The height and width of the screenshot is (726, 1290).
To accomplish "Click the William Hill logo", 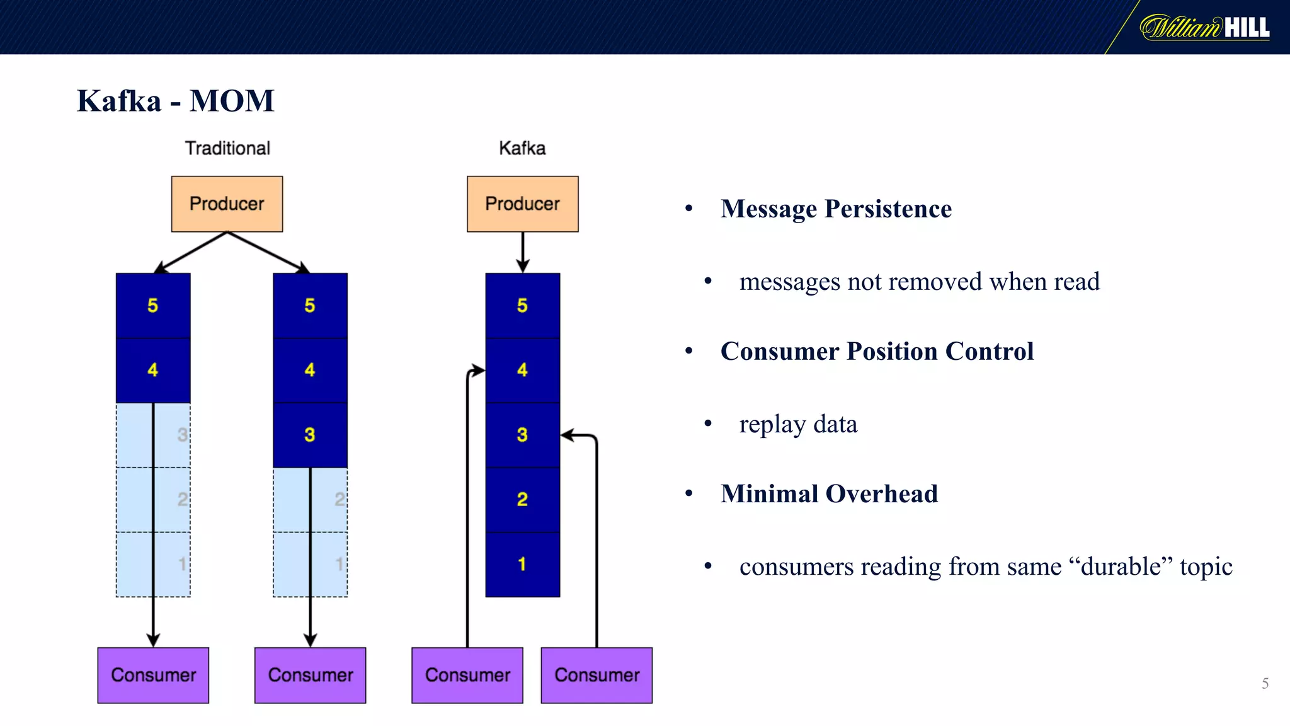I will pyautogui.click(x=1204, y=27).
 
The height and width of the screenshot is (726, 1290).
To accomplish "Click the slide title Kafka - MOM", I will pyautogui.click(x=175, y=101).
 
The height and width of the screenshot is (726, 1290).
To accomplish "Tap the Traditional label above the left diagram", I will pyautogui.click(x=227, y=148).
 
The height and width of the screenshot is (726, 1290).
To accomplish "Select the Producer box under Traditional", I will pyautogui.click(x=227, y=204).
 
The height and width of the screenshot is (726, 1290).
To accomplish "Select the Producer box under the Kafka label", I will pyautogui.click(x=522, y=204).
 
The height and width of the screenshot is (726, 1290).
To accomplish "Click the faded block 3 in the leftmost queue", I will pyautogui.click(x=153, y=435).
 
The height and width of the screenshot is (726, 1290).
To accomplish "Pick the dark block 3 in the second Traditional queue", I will pyautogui.click(x=310, y=435).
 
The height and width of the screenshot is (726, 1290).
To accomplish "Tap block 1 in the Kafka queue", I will pyautogui.click(x=522, y=564).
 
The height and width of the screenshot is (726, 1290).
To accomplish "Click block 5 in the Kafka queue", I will pyautogui.click(x=522, y=306).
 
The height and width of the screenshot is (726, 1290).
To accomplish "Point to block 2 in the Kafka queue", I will pyautogui.click(x=522, y=499).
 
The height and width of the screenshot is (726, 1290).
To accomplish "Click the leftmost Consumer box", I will pyautogui.click(x=153, y=675).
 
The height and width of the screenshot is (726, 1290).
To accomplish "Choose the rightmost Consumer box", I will pyautogui.click(x=596, y=675).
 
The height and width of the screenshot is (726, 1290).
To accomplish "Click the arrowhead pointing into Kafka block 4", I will pyautogui.click(x=479, y=370).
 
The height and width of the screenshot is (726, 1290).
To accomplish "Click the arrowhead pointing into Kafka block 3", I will pyautogui.click(x=567, y=435).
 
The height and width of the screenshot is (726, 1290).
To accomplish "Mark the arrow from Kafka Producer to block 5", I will pyautogui.click(x=522, y=252).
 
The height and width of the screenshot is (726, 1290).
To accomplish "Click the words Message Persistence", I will pyautogui.click(x=836, y=209).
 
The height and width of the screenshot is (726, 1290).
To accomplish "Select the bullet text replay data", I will pyautogui.click(x=798, y=424).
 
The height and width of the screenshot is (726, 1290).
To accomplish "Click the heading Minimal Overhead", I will pyautogui.click(x=829, y=493).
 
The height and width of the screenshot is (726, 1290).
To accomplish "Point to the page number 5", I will pyautogui.click(x=1265, y=683).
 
